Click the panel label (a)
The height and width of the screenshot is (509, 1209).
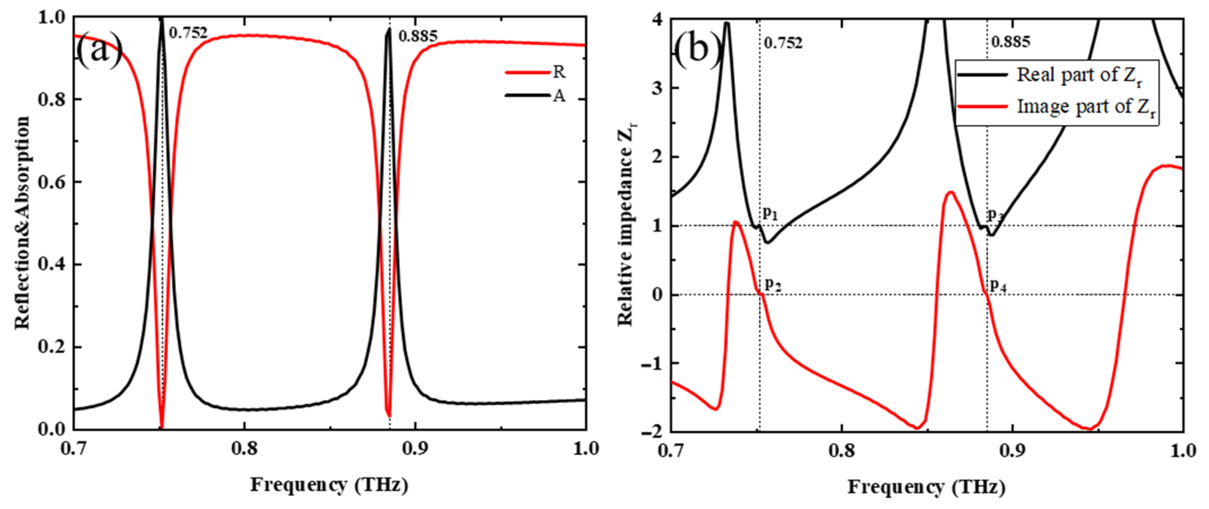100,50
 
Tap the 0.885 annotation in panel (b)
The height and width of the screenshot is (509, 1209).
1011,42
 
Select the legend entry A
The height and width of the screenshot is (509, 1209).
559,96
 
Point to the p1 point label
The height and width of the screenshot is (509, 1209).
770,214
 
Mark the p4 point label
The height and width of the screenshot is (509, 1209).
998,285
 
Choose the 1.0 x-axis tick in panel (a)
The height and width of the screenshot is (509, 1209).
586,449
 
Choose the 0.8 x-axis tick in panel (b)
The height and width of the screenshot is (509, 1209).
842,451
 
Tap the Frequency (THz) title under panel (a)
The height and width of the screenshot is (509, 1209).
329,485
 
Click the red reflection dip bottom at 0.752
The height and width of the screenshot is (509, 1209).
161,426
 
